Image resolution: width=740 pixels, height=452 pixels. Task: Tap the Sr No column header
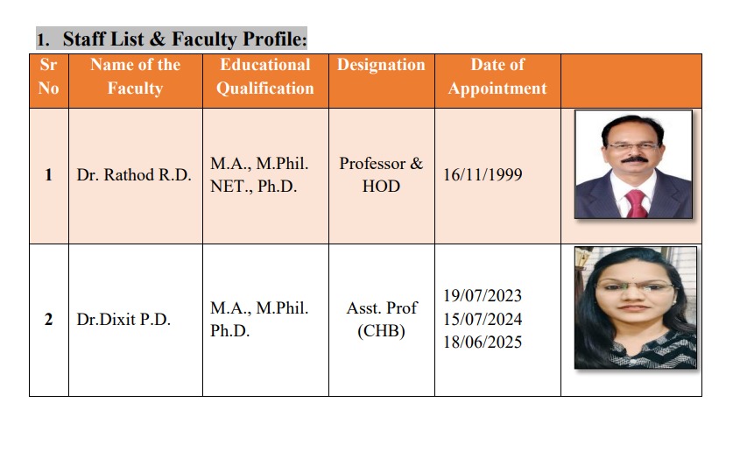click(49, 76)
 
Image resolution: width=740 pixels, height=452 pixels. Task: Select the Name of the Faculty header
click(136, 76)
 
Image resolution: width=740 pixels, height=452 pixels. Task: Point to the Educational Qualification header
click(265, 76)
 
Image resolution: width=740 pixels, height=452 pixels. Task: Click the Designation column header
click(381, 65)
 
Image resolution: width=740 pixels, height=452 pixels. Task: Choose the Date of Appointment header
click(497, 76)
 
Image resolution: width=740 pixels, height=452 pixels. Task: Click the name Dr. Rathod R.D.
click(134, 174)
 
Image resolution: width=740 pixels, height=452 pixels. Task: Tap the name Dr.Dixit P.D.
click(123, 320)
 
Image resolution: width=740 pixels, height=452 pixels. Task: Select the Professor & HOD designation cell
click(381, 174)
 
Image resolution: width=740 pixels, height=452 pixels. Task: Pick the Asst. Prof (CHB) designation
click(381, 320)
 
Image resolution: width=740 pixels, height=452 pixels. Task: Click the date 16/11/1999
click(483, 174)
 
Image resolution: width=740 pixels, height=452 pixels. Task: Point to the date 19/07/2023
click(483, 296)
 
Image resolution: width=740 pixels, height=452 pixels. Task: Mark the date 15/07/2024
click(483, 320)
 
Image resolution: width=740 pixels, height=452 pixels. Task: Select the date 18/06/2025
click(483, 343)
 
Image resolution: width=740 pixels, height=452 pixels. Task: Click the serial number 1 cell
click(49, 175)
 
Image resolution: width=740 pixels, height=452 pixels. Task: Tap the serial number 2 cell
click(49, 320)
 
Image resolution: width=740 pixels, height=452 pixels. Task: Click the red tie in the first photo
click(637, 203)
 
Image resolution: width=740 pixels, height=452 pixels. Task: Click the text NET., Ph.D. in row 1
click(253, 187)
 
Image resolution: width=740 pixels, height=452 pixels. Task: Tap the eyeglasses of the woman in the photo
click(633, 286)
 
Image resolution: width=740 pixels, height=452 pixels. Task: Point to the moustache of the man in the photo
click(634, 159)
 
